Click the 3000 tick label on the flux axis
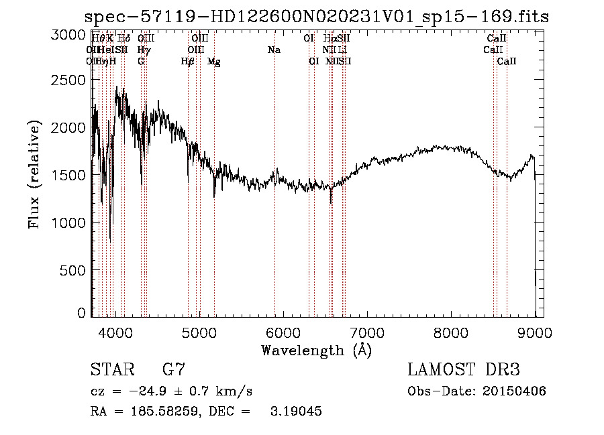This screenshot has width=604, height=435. [68, 35]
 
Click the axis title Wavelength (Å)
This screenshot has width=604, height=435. [316, 349]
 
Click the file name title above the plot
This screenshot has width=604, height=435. [317, 17]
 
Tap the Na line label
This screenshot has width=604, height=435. [274, 50]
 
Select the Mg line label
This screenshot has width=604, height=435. [213, 62]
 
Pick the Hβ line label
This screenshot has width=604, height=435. [188, 62]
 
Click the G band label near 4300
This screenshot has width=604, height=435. [141, 62]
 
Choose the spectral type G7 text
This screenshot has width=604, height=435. [173, 370]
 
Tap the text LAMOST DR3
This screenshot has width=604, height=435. [464, 370]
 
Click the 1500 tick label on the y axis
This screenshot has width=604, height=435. [68, 176]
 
